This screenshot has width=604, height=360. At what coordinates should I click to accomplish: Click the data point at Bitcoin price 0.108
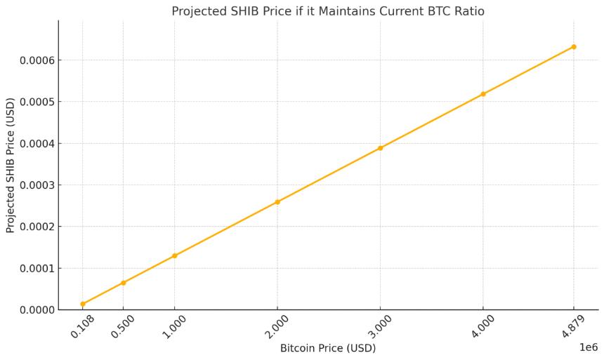pyautogui.click(x=83, y=304)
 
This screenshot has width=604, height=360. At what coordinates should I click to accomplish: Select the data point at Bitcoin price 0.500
pyautogui.click(x=123, y=283)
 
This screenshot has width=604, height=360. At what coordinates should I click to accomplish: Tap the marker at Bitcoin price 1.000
pyautogui.click(x=174, y=255)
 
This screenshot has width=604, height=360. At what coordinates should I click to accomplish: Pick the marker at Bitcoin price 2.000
pyautogui.click(x=277, y=202)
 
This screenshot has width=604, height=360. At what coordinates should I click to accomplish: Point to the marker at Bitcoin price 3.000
pyautogui.click(x=380, y=148)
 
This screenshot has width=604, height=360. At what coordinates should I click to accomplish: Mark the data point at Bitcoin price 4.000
pyautogui.click(x=483, y=94)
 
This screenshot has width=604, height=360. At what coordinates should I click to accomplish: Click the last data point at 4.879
pyautogui.click(x=574, y=47)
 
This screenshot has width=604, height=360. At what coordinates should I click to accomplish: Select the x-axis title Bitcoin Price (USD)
pyautogui.click(x=328, y=348)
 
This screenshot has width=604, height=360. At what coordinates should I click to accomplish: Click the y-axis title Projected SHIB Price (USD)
pyautogui.click(x=11, y=165)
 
